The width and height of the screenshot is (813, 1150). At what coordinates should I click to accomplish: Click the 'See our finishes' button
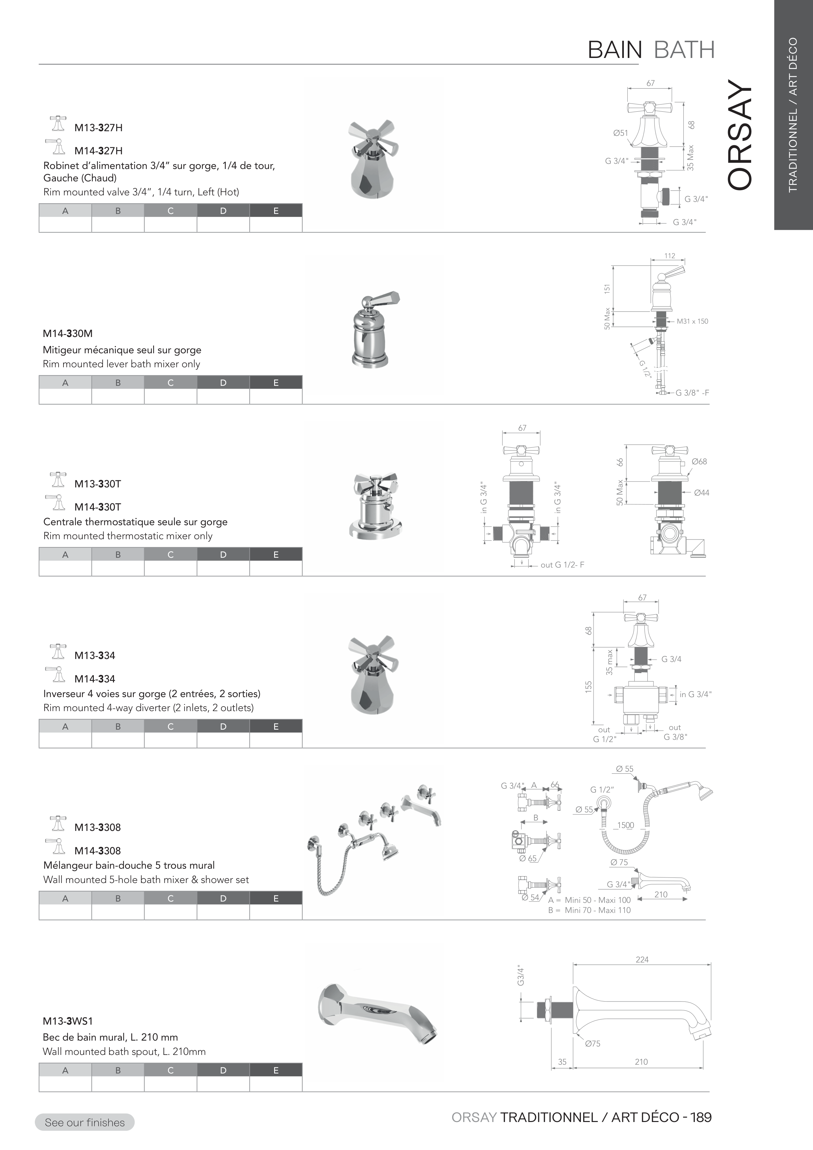pyautogui.click(x=85, y=1122)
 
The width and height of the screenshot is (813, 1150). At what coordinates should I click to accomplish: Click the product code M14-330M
pyautogui.click(x=68, y=334)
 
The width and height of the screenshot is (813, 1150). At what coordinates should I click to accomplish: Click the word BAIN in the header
pyautogui.click(x=615, y=50)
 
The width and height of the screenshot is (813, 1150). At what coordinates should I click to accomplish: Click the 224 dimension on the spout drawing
pyautogui.click(x=642, y=960)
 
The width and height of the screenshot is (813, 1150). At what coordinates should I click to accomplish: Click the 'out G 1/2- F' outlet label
pyautogui.click(x=562, y=565)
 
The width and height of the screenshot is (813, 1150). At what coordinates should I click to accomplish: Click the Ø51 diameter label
pyautogui.click(x=620, y=133)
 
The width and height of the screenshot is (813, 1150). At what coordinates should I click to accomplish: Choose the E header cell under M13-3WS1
pyautogui.click(x=276, y=1070)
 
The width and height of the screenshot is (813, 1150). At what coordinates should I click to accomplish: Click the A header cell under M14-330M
pyautogui.click(x=65, y=383)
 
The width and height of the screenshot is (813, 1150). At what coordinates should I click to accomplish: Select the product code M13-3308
pyautogui.click(x=98, y=827)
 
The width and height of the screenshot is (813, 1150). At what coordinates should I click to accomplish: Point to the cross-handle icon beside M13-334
pyautogui.click(x=59, y=652)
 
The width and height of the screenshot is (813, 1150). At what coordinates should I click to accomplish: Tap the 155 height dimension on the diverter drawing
pyautogui.click(x=589, y=686)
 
